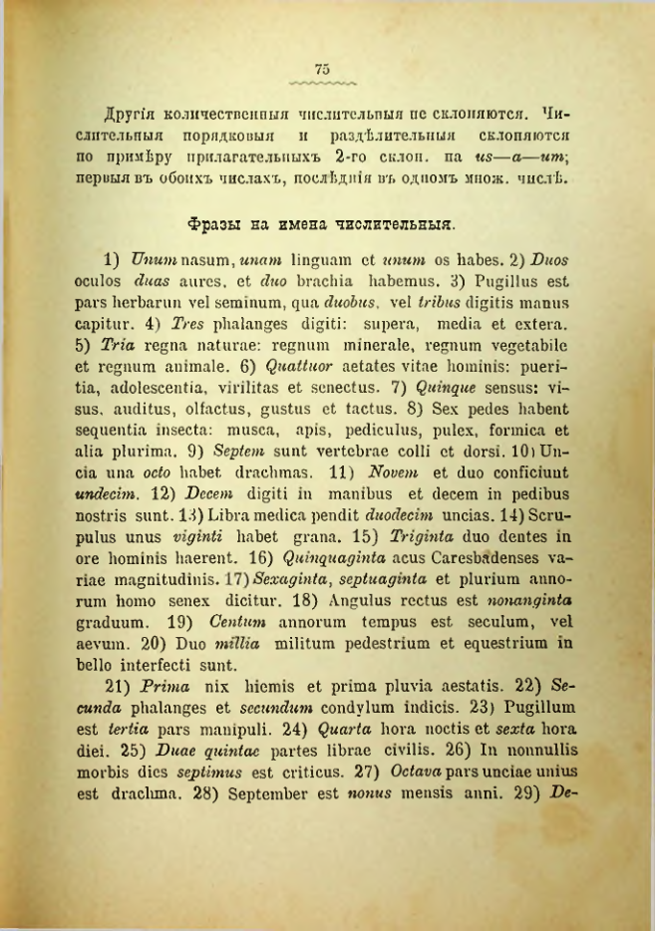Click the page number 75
pyautogui.click(x=322, y=68)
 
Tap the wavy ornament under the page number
pyautogui.click(x=322, y=82)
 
